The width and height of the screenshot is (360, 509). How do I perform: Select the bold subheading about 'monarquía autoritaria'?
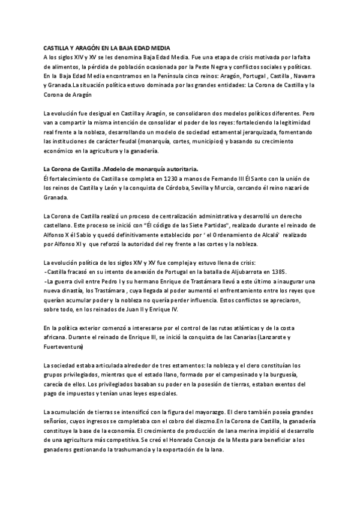coord(121,169)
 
